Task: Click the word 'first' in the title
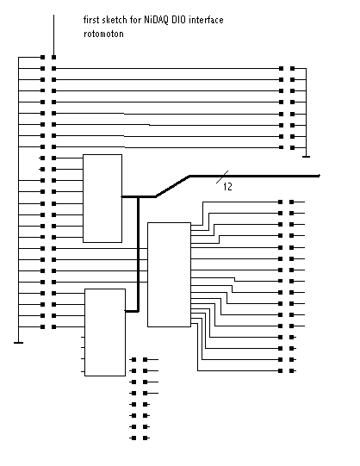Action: coord(91,20)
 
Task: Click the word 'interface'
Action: coord(206,20)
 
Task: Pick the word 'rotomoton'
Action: coord(103,34)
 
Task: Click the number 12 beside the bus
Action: coord(227,186)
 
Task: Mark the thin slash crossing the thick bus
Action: coord(222,177)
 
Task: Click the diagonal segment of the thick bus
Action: coord(172,186)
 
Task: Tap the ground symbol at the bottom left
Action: coord(18,343)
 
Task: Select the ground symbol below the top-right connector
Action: coord(306,157)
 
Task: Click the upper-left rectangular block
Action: coord(102,198)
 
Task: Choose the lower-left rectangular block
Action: coord(105,332)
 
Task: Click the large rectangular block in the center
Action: coord(169,275)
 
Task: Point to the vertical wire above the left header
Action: coord(53,34)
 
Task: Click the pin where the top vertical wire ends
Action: coord(53,57)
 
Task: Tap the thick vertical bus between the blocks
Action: coord(138,254)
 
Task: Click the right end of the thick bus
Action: coord(319,176)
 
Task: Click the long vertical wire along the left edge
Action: coord(18,200)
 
